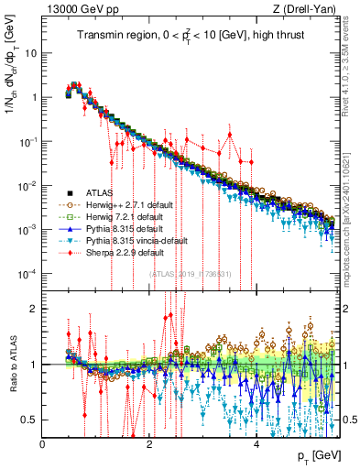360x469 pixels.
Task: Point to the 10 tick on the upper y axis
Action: [30, 53]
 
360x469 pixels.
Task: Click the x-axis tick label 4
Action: [256, 444]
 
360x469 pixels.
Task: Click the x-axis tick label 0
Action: [42, 444]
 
